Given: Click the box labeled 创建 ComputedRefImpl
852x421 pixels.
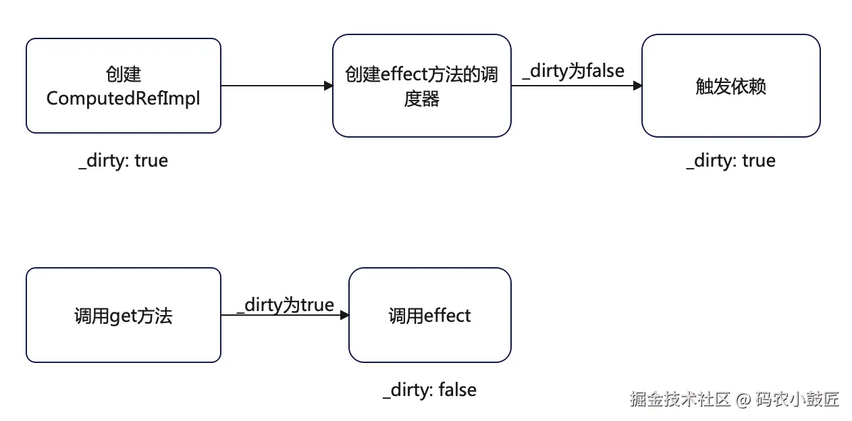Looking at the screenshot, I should click(124, 86).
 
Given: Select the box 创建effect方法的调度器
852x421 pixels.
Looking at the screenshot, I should click(421, 86).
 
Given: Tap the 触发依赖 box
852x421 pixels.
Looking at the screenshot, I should click(730, 86).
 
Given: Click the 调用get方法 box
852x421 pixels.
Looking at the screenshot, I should click(124, 315).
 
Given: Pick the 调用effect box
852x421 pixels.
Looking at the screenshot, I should click(429, 315).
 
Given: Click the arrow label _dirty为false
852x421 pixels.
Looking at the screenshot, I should click(573, 70).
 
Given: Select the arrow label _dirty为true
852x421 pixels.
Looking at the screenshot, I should click(286, 305).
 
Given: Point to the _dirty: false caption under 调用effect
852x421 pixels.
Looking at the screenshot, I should click(429, 390).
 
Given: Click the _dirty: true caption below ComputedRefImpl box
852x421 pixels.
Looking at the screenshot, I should click(123, 161).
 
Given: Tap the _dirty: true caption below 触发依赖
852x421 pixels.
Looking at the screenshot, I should click(730, 161).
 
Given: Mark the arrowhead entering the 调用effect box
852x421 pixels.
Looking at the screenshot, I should click(344, 315).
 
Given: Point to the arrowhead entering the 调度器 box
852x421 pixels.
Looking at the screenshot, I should click(328, 86).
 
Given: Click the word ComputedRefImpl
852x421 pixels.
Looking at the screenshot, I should click(124, 98).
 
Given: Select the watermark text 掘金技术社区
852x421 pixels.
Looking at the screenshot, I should click(681, 399).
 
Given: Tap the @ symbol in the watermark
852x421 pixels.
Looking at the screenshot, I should click(743, 399).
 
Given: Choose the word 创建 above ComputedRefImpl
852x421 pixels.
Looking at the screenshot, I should click(124, 74).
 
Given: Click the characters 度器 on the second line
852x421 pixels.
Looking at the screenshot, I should click(421, 99).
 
